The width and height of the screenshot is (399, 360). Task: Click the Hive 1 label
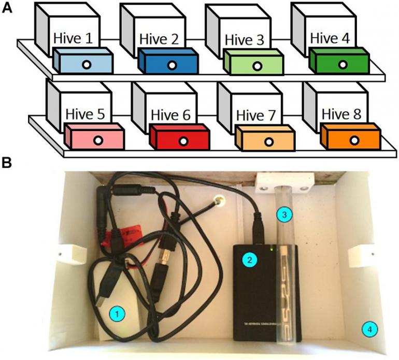pos(73,38)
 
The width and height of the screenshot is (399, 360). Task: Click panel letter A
pos(7,8)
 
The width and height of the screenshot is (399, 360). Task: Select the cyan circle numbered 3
pos(282,213)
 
